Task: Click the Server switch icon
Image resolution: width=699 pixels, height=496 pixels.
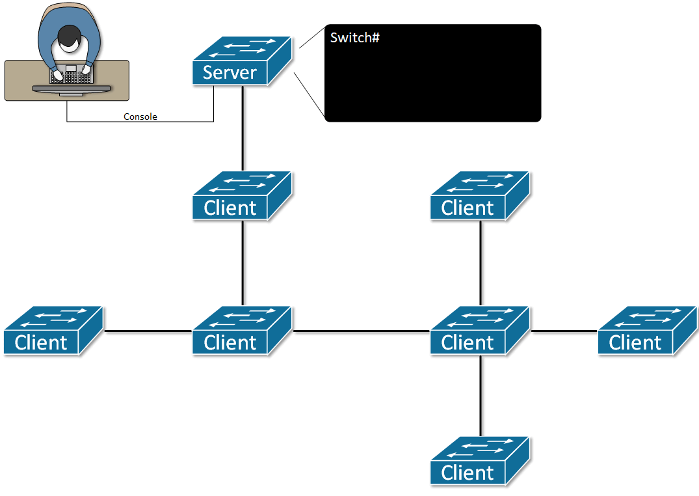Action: pyautogui.click(x=241, y=62)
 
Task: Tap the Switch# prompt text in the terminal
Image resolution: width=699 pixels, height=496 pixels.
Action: pyautogui.click(x=354, y=38)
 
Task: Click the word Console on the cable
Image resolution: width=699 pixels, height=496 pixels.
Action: pyautogui.click(x=140, y=117)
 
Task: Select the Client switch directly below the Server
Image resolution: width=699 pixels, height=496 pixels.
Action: pyautogui.click(x=241, y=197)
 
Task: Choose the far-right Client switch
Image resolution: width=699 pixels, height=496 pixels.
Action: pyautogui.click(x=646, y=331)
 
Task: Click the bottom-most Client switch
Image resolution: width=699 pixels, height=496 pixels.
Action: pyautogui.click(x=479, y=462)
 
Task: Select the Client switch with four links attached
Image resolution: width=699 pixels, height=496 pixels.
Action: pyautogui.click(x=479, y=331)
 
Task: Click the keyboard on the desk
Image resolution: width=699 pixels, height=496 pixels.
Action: pyautogui.click(x=71, y=76)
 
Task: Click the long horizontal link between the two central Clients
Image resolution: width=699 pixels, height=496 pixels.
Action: pyautogui.click(x=361, y=331)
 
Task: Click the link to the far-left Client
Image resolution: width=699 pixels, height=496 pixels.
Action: pyautogui.click(x=148, y=331)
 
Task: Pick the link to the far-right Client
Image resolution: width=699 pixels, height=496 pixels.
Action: pyautogui.click(x=564, y=331)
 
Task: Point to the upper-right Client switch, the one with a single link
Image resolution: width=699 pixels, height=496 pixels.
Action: pyautogui.click(x=479, y=197)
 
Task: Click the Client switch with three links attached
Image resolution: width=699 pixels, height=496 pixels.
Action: pyautogui.click(x=241, y=331)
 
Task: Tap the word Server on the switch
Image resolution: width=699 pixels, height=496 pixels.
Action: pyautogui.click(x=230, y=72)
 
